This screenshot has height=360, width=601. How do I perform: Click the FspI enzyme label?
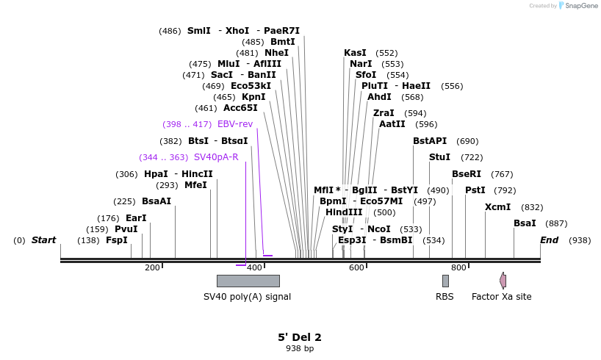116,240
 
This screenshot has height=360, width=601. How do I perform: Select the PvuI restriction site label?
126,229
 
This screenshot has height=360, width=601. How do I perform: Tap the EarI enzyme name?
136,218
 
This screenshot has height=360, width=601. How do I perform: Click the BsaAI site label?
156,201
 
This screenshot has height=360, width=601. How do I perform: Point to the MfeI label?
195,185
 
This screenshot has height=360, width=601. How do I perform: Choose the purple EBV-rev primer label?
235,124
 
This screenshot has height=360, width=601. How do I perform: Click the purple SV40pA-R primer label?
216,157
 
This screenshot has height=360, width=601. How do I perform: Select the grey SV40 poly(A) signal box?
248,281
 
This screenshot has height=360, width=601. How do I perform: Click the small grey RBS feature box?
445,281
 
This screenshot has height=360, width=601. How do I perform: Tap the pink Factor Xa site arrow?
503,281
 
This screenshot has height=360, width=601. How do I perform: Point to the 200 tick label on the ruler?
152,267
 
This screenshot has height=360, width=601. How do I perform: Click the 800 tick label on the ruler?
458,267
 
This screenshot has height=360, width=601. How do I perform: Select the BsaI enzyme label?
525,223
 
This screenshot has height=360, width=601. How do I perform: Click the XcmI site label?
497,207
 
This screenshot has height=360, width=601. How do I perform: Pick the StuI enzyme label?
439,157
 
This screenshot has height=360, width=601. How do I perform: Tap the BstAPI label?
430,141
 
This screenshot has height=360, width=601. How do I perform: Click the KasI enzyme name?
355,53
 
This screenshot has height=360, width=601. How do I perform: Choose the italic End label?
549,240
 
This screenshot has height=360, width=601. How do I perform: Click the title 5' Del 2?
299,337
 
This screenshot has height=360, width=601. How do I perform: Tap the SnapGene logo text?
580,6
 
